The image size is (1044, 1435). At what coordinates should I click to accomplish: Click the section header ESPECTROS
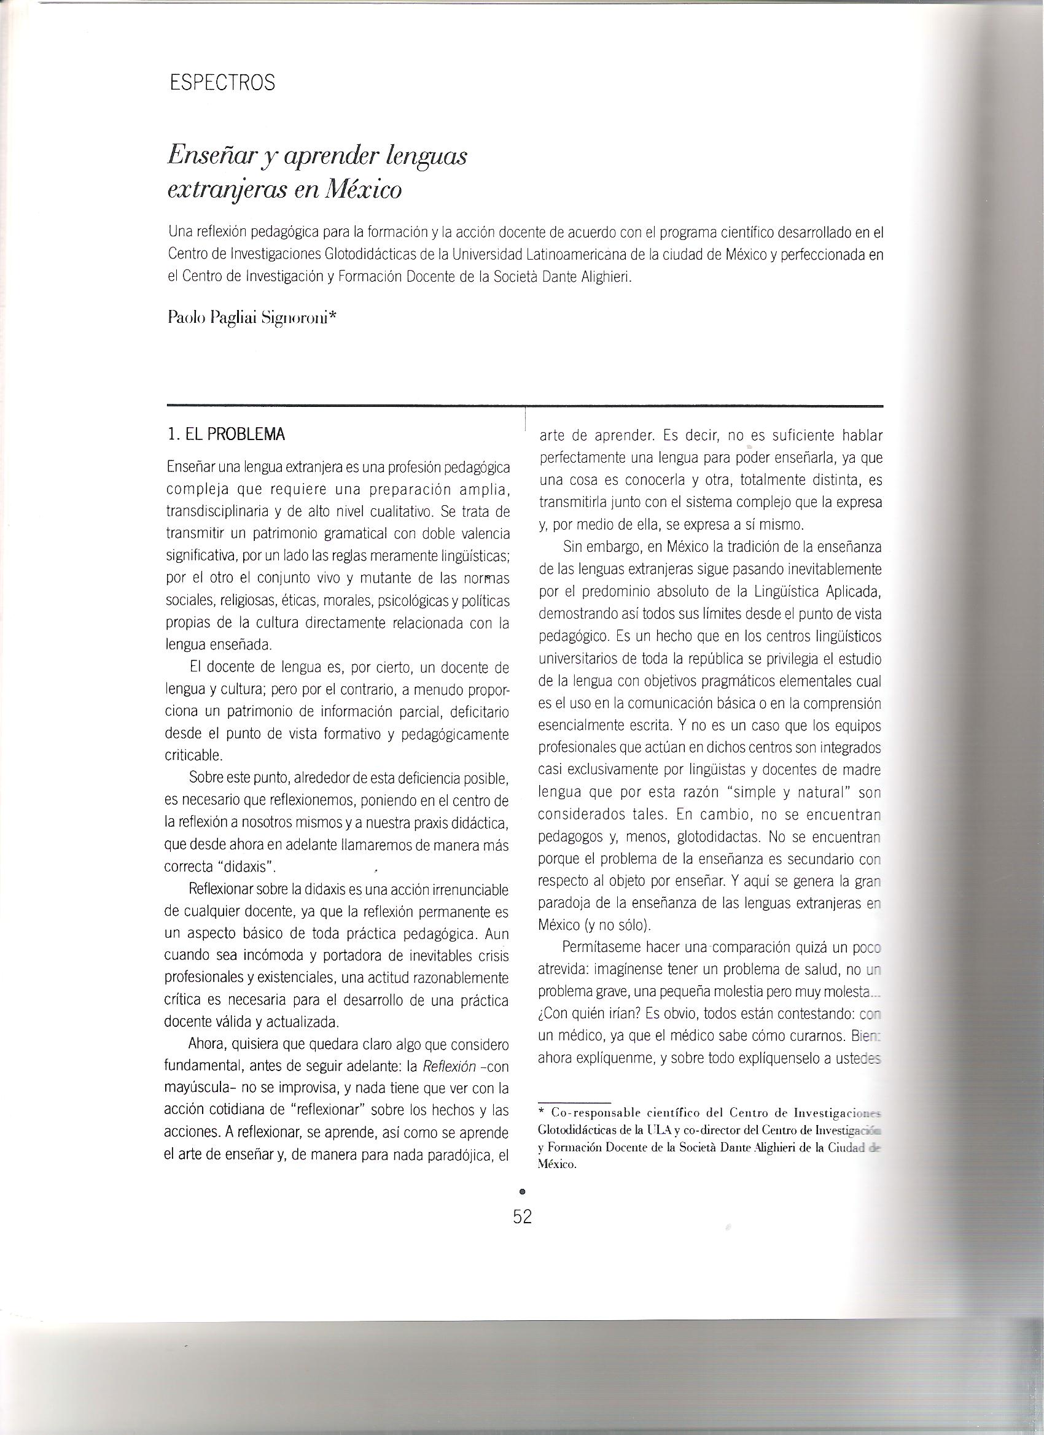point(223,83)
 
